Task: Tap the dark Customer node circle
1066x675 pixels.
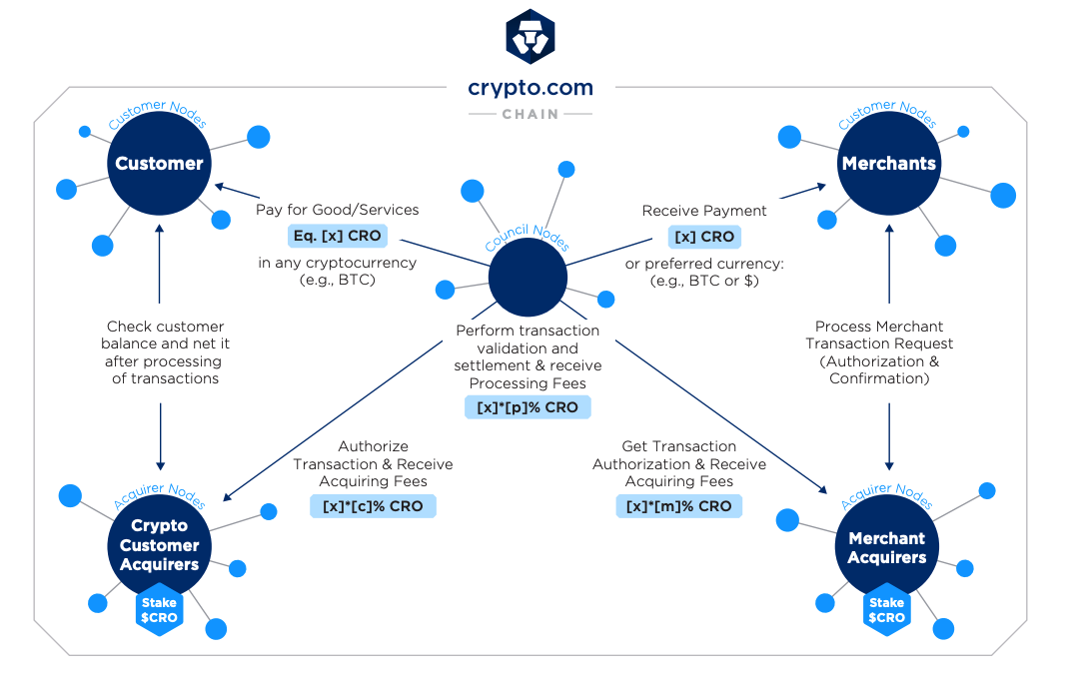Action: click(x=159, y=164)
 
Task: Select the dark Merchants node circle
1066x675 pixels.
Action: click(x=888, y=164)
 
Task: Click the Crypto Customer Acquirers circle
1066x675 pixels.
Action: click(x=159, y=545)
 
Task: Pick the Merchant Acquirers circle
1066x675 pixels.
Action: click(x=886, y=547)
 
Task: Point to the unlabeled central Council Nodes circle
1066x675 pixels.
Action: click(x=528, y=279)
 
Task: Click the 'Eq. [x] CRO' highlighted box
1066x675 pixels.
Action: click(x=336, y=237)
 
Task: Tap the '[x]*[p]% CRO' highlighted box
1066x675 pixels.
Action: click(x=528, y=407)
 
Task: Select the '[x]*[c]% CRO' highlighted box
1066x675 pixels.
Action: click(x=373, y=506)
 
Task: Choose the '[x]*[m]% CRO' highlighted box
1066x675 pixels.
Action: click(x=679, y=506)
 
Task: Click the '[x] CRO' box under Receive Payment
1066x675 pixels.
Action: click(x=704, y=237)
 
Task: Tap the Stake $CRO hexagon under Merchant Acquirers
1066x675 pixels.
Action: click(x=886, y=610)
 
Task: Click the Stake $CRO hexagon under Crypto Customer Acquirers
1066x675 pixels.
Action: click(x=159, y=610)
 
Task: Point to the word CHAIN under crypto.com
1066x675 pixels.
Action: click(x=531, y=114)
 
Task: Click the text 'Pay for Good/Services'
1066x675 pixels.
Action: click(x=338, y=210)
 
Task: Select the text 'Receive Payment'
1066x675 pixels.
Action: click(x=704, y=211)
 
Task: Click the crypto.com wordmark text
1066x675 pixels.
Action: click(x=531, y=88)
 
